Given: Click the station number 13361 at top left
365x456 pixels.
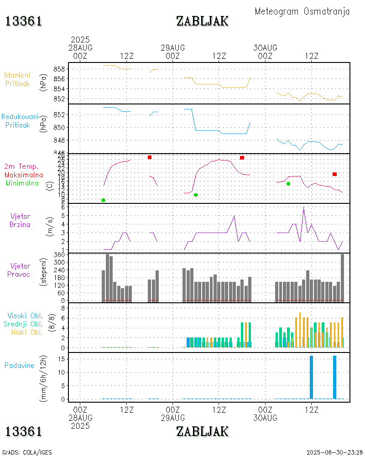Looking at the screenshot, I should (x=24, y=21).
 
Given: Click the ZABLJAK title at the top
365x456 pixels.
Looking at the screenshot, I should (x=202, y=21).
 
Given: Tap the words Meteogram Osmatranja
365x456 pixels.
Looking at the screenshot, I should (x=302, y=11).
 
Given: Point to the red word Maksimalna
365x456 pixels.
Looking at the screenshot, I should (x=24, y=175).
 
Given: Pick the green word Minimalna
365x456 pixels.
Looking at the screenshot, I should (x=22, y=183).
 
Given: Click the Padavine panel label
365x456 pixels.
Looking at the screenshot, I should (x=20, y=365).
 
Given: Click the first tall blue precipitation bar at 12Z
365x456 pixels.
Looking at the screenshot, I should (x=311, y=377).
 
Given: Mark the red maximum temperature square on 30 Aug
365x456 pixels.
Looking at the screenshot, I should (x=334, y=174).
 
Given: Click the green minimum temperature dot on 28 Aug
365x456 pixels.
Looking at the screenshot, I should (x=104, y=200).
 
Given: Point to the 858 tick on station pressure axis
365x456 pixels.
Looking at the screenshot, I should (x=61, y=69).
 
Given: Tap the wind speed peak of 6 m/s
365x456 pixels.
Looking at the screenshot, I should (x=304, y=207).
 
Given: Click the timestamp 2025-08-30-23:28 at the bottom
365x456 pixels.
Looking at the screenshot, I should (x=334, y=452).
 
